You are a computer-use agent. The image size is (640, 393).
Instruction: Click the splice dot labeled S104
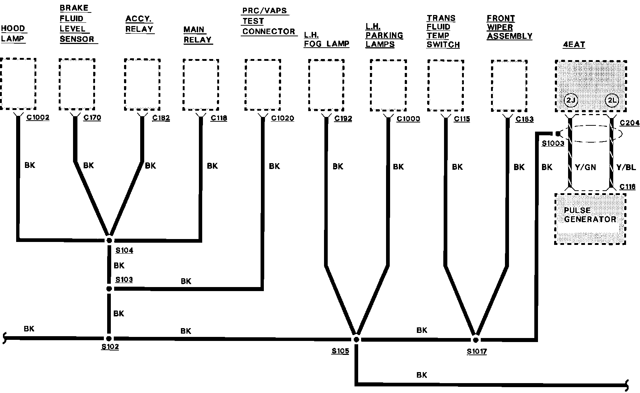coord(109,240)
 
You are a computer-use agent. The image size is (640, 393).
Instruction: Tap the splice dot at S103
coord(109,289)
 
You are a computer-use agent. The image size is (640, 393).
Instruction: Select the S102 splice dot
coord(109,339)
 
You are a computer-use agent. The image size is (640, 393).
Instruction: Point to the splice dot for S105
coord(356,340)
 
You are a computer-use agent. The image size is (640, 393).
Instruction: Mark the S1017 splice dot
coord(476,340)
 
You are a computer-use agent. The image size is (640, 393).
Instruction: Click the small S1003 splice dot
coord(558,134)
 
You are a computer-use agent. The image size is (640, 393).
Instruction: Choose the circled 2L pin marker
coord(612,101)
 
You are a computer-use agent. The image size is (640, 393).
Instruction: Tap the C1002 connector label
coord(38,118)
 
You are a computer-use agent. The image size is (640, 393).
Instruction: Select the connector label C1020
coord(283,118)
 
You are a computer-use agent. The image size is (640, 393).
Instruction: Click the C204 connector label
coord(630,123)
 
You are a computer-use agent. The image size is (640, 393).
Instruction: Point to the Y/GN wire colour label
coord(585,168)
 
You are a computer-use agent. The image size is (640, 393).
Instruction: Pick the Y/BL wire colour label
coord(626,168)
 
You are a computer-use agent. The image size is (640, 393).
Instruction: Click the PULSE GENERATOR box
coord(590,219)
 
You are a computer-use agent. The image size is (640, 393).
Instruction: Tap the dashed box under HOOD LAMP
coord(18,84)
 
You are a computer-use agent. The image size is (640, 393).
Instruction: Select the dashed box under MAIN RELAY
coord(201,85)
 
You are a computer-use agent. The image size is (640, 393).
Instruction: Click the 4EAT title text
coord(574,45)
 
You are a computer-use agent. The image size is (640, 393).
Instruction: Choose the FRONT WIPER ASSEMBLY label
coord(509,27)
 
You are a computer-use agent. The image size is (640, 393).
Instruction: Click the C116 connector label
coord(628,187)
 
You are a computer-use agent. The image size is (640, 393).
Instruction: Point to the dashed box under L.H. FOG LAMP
coord(326,85)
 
